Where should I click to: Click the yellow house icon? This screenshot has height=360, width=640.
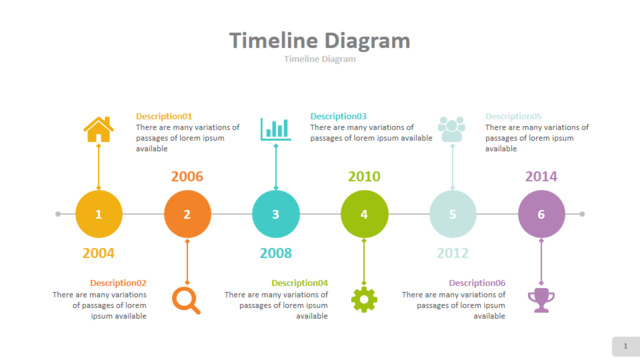pos(98,129)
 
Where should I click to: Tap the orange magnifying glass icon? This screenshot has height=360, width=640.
pos(186,300)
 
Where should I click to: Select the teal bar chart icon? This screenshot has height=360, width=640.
pos(276,129)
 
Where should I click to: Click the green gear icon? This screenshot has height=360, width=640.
pos(364,300)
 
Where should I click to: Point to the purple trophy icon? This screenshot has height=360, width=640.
pos(541,300)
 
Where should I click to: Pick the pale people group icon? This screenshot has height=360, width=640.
pos(452,129)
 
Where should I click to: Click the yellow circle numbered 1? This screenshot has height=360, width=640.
pos(99,214)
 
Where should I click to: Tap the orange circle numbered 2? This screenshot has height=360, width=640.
pos(187,214)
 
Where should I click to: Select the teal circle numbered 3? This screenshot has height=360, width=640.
pos(276,214)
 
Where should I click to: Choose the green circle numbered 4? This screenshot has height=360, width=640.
pos(364,214)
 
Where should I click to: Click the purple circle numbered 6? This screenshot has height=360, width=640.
pos(542,214)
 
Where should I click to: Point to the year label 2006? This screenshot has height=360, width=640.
pos(187,176)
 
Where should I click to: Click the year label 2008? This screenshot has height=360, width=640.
pos(276,253)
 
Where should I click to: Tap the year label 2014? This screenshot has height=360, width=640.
pos(541,176)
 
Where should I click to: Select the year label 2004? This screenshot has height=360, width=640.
pos(98,253)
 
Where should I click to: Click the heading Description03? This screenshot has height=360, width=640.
pos(338,116)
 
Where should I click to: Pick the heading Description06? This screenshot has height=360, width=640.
pos(477,283)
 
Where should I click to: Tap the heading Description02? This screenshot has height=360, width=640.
pos(118,283)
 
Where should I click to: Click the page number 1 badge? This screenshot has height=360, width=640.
pos(626,347)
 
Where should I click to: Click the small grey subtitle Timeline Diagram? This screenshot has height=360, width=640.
pos(320,59)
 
